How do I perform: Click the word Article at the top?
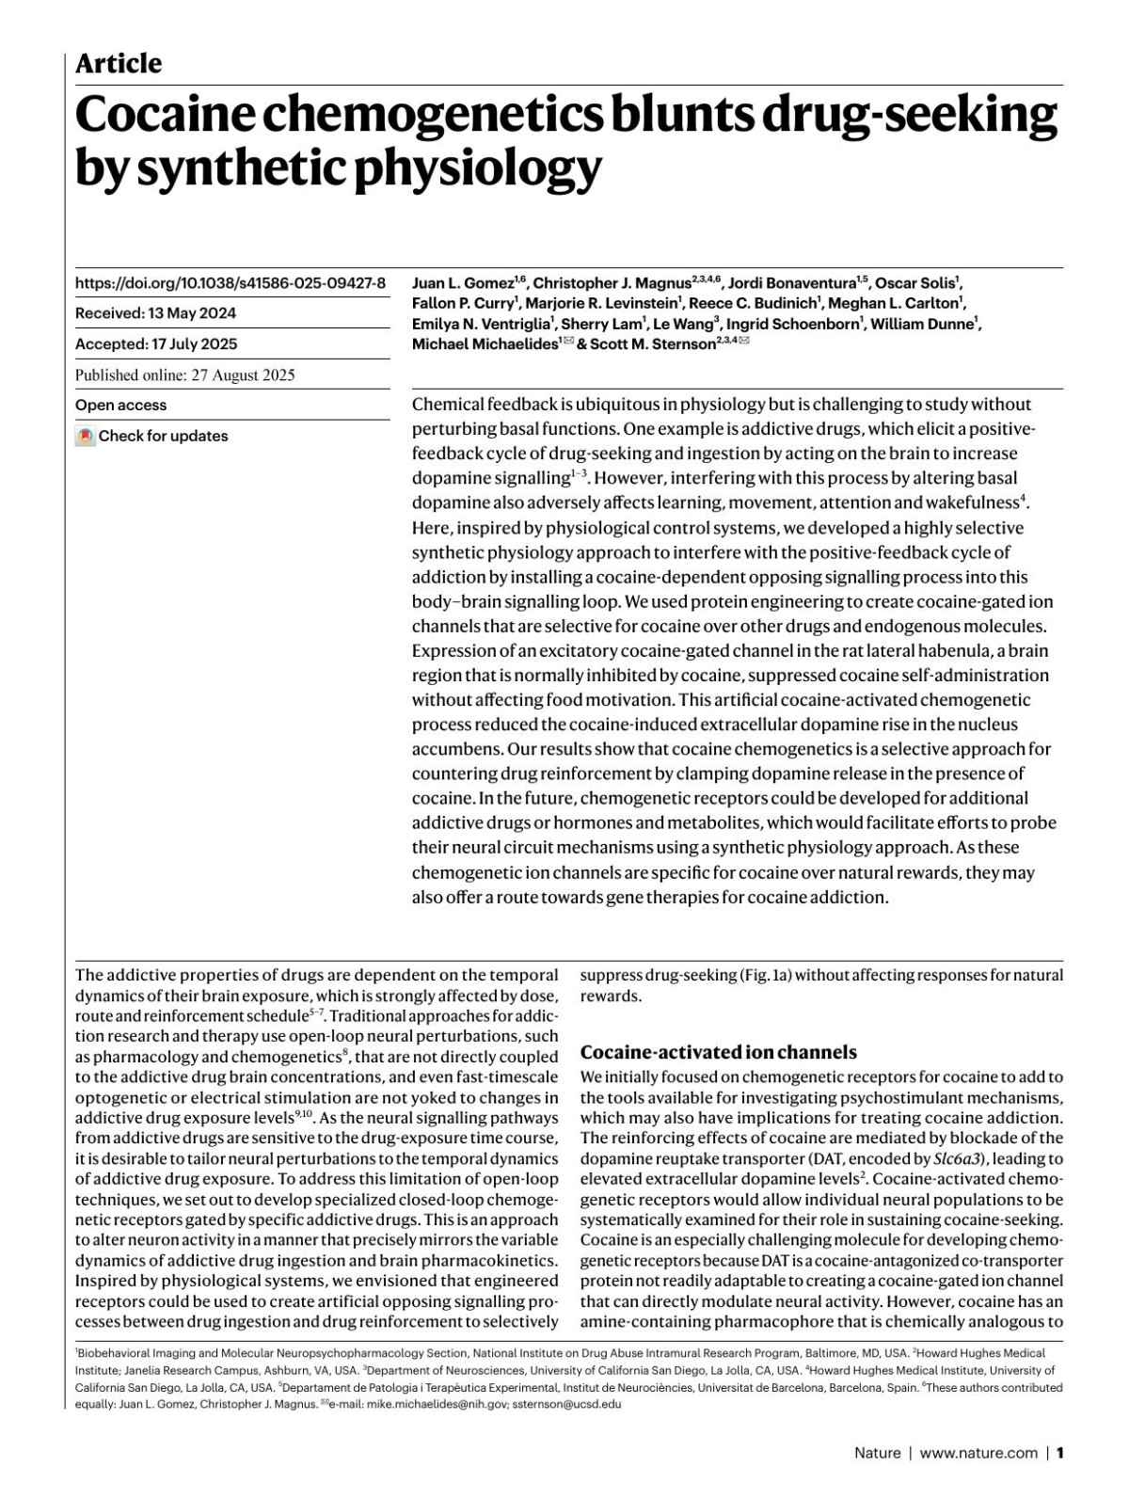click(x=119, y=64)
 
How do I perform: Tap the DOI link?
click(x=231, y=282)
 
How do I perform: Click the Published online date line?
click(x=185, y=375)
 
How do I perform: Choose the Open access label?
click(x=120, y=405)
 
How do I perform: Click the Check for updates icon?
click(x=86, y=436)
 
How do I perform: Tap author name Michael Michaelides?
click(x=485, y=344)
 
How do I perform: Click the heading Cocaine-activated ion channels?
click(x=719, y=1052)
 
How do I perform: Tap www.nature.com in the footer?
click(x=978, y=1453)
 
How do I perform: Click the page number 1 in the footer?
click(x=1059, y=1453)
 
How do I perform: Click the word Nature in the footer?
click(x=877, y=1453)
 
